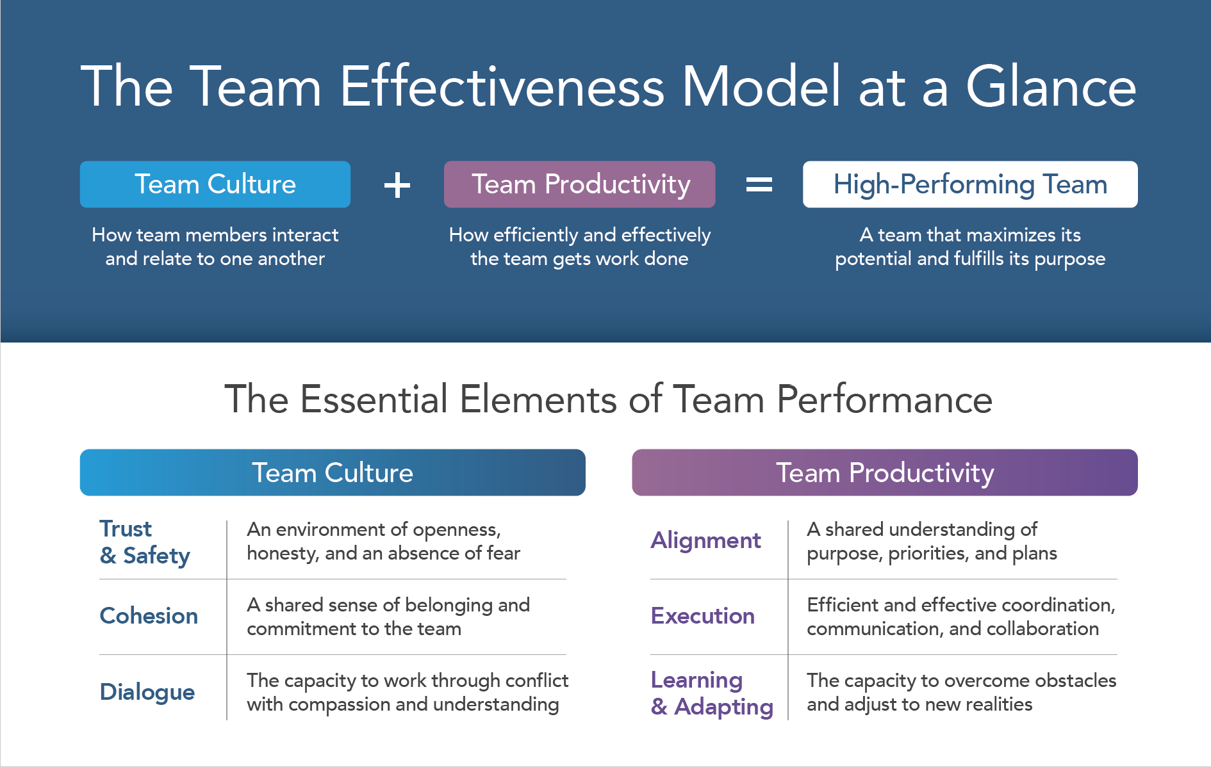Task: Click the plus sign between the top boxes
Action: pyautogui.click(x=397, y=185)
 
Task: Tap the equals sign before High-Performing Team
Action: pyautogui.click(x=759, y=185)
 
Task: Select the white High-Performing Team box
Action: pyautogui.click(x=970, y=184)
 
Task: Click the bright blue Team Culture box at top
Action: pyautogui.click(x=215, y=184)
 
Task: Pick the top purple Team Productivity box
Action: pyautogui.click(x=579, y=184)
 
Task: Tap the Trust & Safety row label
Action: pyautogui.click(x=145, y=542)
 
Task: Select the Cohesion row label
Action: pyautogui.click(x=149, y=616)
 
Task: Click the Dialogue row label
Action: pyautogui.click(x=147, y=692)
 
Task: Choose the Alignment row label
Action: pyautogui.click(x=705, y=541)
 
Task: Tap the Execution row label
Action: pyautogui.click(x=703, y=616)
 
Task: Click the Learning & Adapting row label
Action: pyautogui.click(x=712, y=693)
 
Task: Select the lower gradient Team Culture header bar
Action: pyautogui.click(x=333, y=472)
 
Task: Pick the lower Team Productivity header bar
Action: pyautogui.click(x=885, y=472)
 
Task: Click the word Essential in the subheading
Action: pyautogui.click(x=374, y=400)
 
